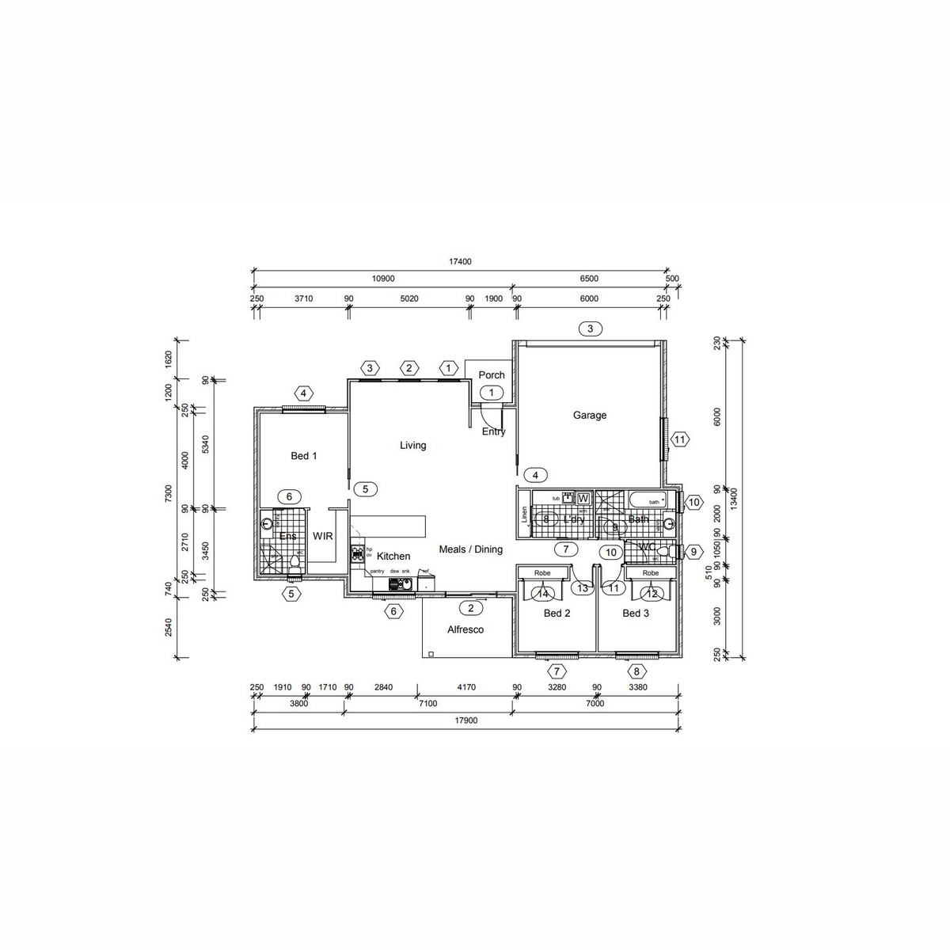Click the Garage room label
590,415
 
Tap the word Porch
492,375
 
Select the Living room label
412,446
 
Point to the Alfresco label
465,630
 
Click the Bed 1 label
304,456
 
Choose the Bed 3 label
636,614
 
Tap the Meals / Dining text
471,549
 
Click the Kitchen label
393,557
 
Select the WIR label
323,537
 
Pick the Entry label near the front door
493,431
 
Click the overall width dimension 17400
460,262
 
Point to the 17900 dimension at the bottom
466,721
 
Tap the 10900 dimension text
382,279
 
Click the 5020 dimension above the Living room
408,298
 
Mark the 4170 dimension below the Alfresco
466,687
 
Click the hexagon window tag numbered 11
679,439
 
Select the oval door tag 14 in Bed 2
543,594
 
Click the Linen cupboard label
524,515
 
